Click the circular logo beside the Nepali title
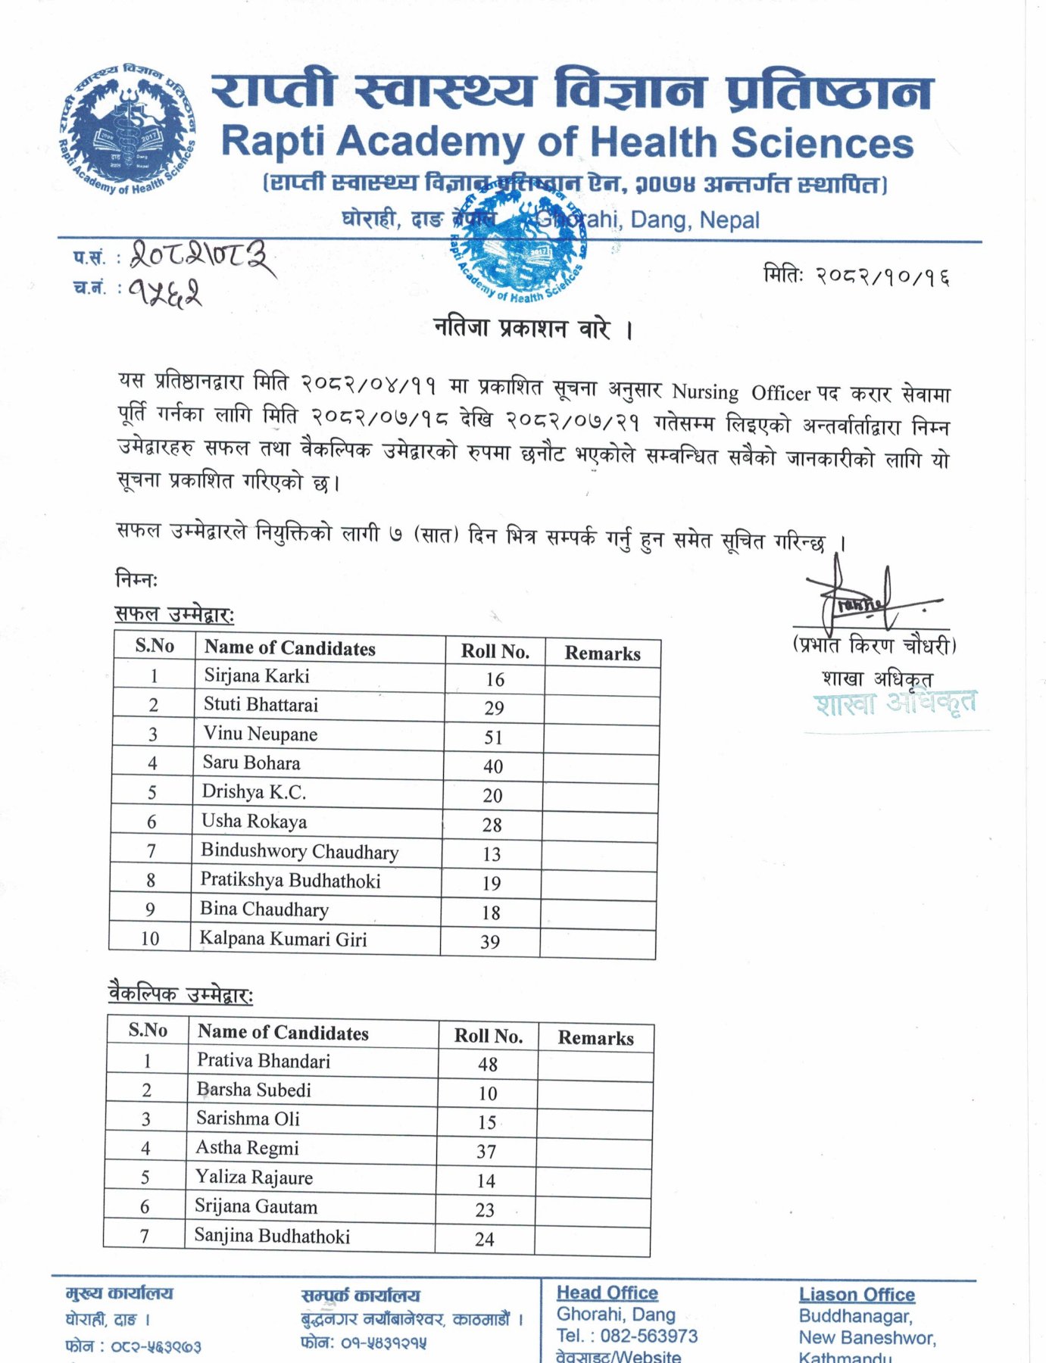point(126,129)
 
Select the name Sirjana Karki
point(257,675)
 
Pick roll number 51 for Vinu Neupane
point(493,737)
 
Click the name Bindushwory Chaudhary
point(299,851)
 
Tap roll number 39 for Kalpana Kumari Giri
point(490,942)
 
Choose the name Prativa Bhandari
point(264,1061)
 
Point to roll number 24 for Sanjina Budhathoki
point(485,1240)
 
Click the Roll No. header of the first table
point(495,651)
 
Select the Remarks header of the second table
point(595,1037)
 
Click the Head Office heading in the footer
point(607,1293)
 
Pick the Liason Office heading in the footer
point(857,1295)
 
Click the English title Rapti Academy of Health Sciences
point(567,142)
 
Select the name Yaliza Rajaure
point(254,1177)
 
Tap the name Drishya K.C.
point(254,792)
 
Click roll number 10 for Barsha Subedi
point(487,1093)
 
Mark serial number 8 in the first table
point(151,880)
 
